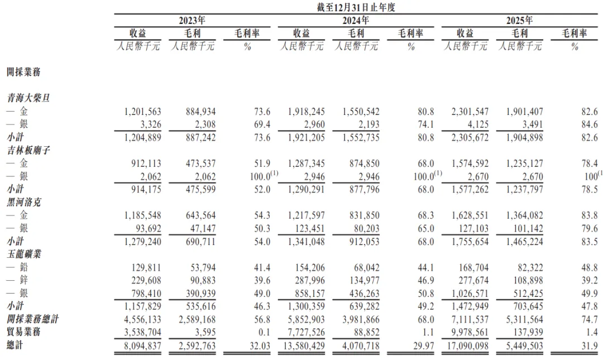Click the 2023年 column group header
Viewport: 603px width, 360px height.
192,20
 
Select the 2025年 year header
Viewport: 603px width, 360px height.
519,20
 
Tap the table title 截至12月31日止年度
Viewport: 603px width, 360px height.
356,7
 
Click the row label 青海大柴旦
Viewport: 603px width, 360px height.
28,98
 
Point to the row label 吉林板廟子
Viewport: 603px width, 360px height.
28,150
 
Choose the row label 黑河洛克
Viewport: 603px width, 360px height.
25,202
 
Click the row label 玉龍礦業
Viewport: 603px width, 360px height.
25,254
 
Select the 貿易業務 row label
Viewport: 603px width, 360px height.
25,332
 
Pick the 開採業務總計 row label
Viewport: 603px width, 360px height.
32,319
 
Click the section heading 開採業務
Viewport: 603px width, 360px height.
23,72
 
